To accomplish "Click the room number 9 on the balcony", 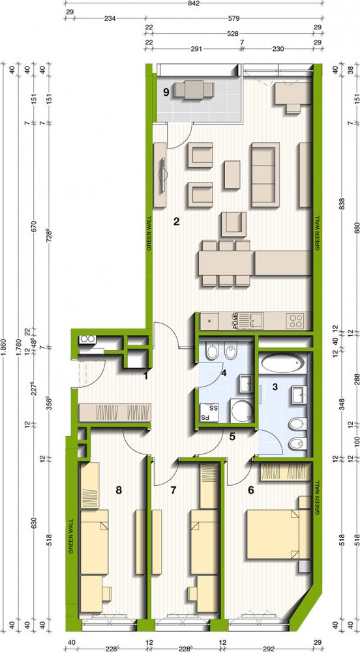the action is tap(166, 93).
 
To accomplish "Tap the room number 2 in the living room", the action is tap(176, 221).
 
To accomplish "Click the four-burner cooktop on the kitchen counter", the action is tap(295, 321).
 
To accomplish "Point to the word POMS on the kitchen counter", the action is tap(235, 321).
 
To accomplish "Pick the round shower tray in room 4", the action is tap(241, 411).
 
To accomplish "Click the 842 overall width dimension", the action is tap(193, 4).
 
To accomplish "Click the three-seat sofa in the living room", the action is tap(265, 175).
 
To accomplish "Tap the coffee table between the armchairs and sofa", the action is tap(232, 175).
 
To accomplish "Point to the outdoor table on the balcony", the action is tap(194, 89).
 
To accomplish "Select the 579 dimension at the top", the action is tap(234, 18).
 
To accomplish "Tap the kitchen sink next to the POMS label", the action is tap(254, 321).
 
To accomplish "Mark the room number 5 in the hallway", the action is tap(232, 437).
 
